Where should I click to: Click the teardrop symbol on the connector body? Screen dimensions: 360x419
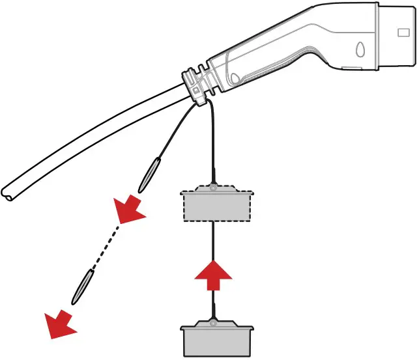(x=360, y=49)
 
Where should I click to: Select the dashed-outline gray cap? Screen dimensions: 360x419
(x=216, y=204)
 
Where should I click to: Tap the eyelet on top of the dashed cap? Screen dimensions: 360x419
(x=213, y=188)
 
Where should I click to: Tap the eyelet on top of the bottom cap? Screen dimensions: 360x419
(x=213, y=320)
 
